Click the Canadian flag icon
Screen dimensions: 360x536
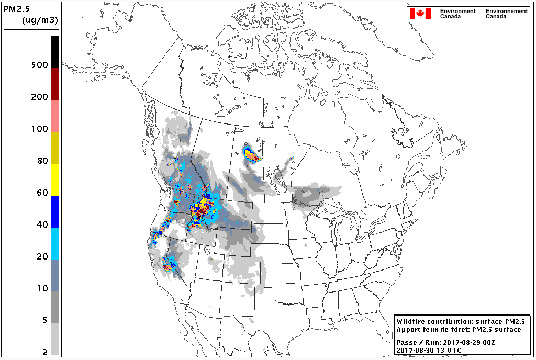coord(420,14)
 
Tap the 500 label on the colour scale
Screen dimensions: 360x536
coord(39,65)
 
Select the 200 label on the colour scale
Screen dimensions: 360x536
coord(39,97)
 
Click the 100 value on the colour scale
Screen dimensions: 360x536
coord(39,129)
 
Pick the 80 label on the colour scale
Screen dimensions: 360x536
coord(41,161)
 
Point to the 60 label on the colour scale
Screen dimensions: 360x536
coord(41,193)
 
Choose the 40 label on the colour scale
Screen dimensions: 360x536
coord(41,224)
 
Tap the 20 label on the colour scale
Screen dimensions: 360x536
coord(41,256)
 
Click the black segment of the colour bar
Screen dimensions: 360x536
coord(54,51)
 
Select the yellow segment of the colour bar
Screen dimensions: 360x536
coord(54,179)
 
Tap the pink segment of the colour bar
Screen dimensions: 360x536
coord(54,116)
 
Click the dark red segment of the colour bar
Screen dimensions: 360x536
coord(54,84)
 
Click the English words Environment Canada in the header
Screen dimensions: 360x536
coord(457,14)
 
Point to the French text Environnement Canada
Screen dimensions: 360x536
coord(506,14)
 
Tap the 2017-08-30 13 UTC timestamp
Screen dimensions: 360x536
coord(429,350)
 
